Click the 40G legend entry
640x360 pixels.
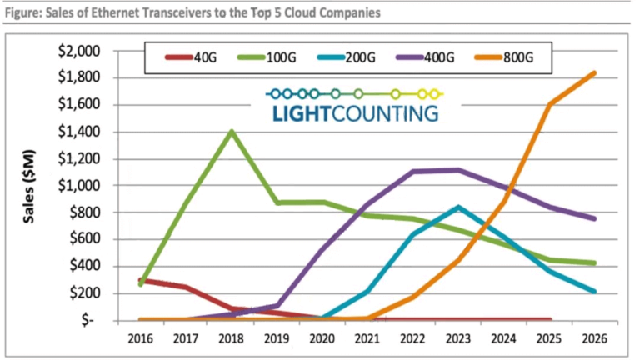[x=187, y=57]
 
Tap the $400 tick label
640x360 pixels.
[x=87, y=267]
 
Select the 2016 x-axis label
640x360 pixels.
[x=139, y=340]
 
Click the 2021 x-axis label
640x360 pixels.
[x=367, y=340]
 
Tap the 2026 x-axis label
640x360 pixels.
[x=594, y=340]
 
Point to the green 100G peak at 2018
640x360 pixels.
[x=231, y=131]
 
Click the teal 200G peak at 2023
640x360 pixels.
[x=458, y=207]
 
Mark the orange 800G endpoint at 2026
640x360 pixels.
[x=594, y=72]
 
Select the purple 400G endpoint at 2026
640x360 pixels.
[x=594, y=219]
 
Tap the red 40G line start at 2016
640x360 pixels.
[x=140, y=280]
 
